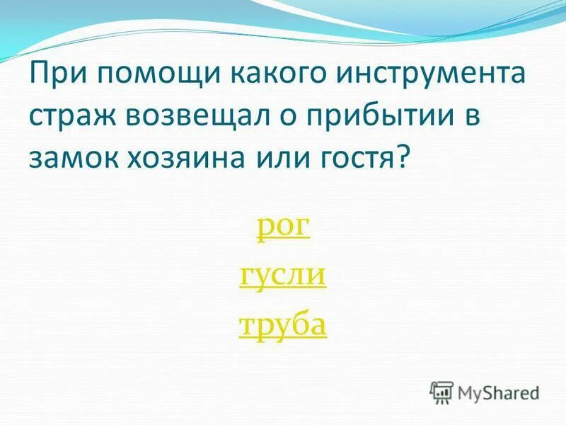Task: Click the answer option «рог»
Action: click(x=282, y=229)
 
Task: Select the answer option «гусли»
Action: click(x=282, y=276)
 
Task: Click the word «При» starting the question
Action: click(x=55, y=75)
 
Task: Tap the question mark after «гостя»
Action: click(x=404, y=155)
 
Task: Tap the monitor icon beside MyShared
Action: click(x=442, y=392)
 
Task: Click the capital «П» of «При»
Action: click(x=39, y=75)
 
